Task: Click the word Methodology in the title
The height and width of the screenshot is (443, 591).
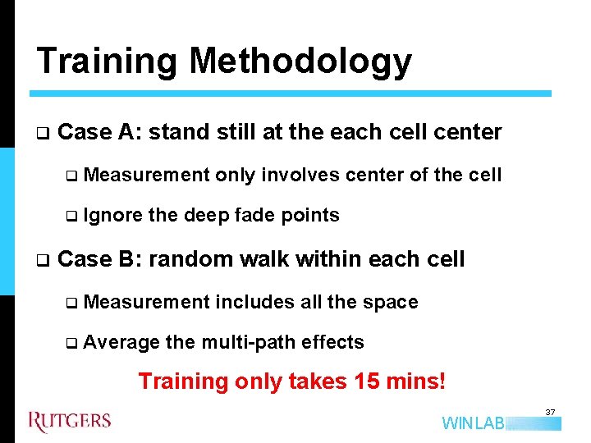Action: pos(300,62)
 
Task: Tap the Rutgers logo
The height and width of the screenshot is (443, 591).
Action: pos(70,422)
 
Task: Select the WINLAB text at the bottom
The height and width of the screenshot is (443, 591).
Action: pos(473,423)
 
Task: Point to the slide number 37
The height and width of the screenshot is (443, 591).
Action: pos(551,411)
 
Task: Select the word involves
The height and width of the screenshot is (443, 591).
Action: pos(302,175)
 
